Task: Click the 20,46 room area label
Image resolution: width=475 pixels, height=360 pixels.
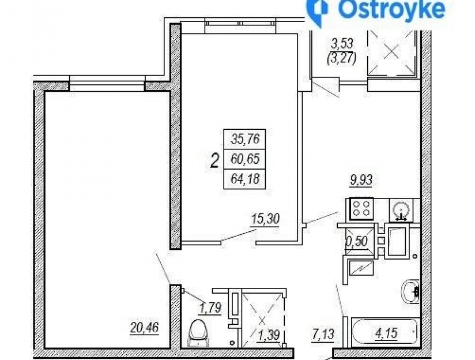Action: [x=145, y=328]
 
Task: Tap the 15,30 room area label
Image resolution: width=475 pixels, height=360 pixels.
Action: [x=265, y=219]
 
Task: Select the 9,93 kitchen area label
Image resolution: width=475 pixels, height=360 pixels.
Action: [x=361, y=180]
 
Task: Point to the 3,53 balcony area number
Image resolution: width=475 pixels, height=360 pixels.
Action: [x=342, y=43]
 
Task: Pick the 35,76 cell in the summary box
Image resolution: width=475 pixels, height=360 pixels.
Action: [x=245, y=139]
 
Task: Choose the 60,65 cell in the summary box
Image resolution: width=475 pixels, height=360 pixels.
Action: [x=245, y=159]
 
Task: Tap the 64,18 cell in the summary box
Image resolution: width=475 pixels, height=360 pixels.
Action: [x=245, y=179]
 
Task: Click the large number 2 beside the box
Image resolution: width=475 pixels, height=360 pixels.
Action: [x=214, y=161]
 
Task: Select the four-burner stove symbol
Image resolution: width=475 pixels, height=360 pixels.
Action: [x=361, y=208]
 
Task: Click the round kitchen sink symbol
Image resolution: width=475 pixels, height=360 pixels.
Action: [x=401, y=210]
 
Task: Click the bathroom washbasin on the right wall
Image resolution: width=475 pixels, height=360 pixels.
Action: [x=410, y=291]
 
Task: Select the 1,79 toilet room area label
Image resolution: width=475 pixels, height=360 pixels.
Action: [x=210, y=307]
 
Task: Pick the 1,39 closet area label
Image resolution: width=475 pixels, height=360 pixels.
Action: [x=269, y=335]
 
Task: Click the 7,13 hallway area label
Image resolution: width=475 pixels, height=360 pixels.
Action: [x=323, y=335]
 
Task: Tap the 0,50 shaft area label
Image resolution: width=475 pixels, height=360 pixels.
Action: [x=357, y=242]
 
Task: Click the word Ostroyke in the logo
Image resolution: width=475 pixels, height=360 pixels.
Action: [x=391, y=9]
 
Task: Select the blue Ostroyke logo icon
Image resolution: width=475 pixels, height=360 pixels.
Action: [x=317, y=11]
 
